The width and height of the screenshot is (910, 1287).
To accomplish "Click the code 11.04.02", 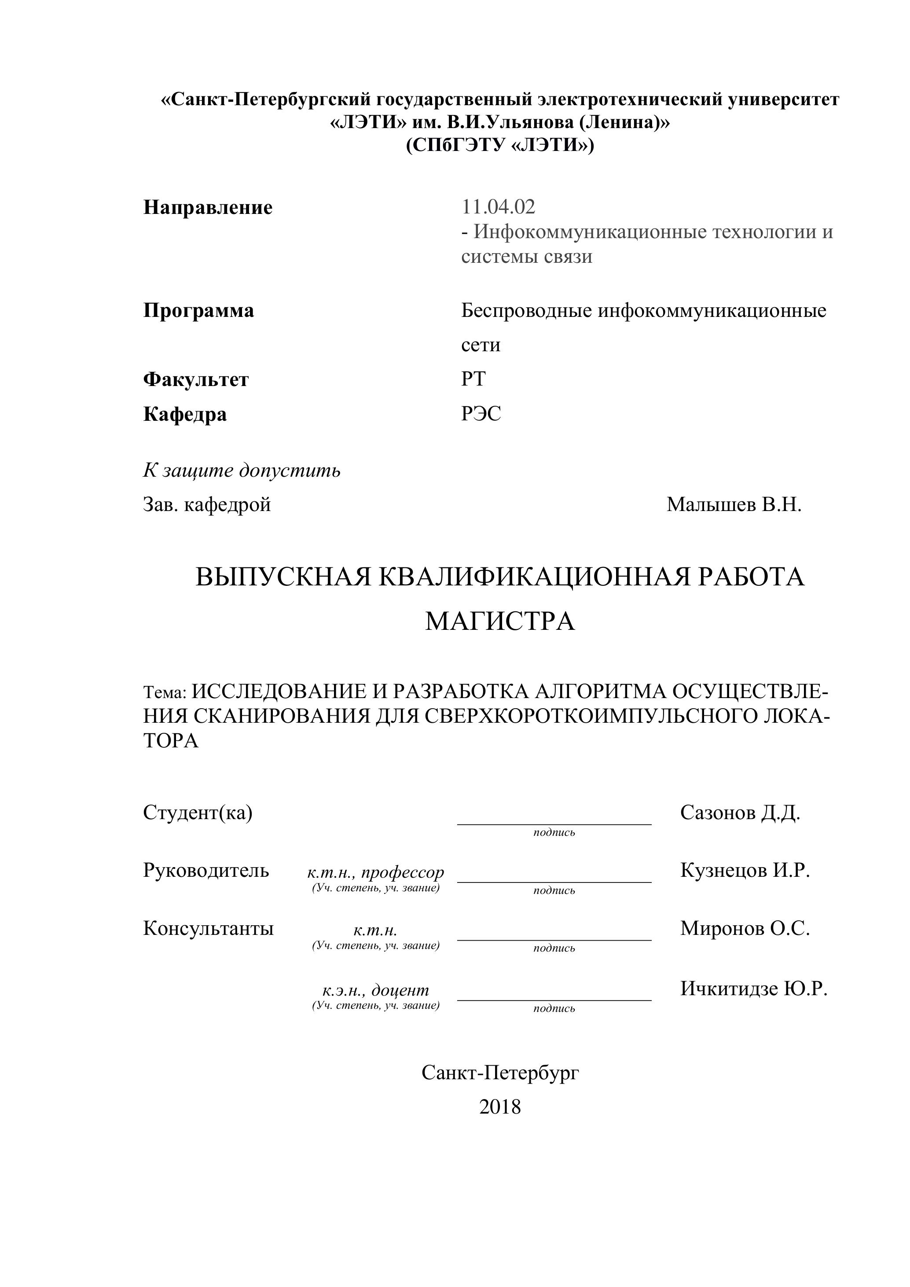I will [498, 207].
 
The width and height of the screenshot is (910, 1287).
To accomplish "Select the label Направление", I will [208, 207].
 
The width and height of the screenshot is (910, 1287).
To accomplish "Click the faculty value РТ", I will [473, 379].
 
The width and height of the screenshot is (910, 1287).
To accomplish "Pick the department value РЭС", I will [481, 414].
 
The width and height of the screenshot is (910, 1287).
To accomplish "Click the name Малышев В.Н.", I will [734, 504].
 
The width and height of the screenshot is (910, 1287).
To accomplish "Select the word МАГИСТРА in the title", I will [500, 621].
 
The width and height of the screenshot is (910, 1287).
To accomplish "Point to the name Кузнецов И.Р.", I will [745, 871].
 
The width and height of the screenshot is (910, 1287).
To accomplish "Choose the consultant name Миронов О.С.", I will [745, 928].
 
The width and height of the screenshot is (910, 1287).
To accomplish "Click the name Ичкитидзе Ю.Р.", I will [754, 988].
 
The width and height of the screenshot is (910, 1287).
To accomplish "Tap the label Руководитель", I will [205, 871].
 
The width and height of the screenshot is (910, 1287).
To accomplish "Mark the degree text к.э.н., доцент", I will [375, 990].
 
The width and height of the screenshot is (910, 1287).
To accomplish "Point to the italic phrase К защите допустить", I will [242, 470].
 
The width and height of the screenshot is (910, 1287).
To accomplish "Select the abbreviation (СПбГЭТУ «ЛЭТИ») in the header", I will [500, 145].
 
